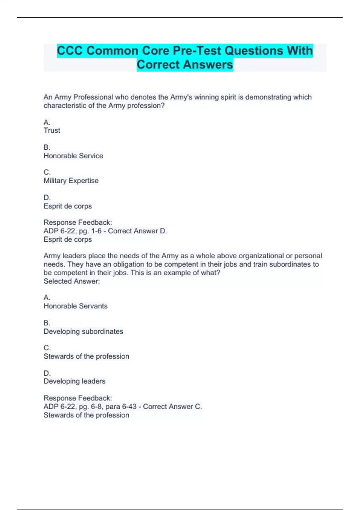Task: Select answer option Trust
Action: click(52, 130)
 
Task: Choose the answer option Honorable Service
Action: click(73, 156)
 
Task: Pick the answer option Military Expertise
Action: click(71, 181)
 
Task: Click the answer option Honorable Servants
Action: click(76, 306)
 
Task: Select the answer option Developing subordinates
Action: click(83, 331)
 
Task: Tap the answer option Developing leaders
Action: click(74, 381)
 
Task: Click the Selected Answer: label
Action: click(72, 281)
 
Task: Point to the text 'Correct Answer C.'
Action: click(172, 406)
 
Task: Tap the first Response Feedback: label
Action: click(78, 223)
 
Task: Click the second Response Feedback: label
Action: click(78, 398)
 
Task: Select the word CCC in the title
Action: click(70, 51)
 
